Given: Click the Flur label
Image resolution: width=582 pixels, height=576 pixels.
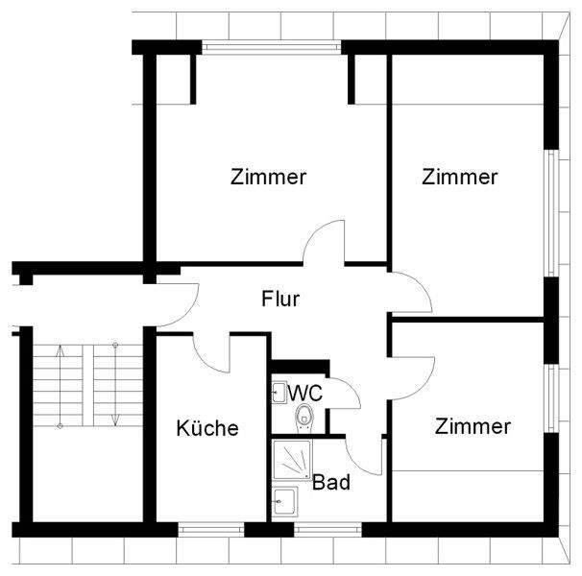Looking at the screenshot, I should point(281,299).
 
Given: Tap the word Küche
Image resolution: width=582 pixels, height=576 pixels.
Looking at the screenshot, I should point(206,428).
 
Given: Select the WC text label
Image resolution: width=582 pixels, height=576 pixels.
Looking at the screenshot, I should point(304,393).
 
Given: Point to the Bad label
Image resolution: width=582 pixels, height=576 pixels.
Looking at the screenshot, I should point(331,483).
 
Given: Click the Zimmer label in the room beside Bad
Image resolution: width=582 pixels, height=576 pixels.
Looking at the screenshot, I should point(472,426).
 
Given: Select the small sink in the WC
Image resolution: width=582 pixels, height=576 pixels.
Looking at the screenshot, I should point(279,392).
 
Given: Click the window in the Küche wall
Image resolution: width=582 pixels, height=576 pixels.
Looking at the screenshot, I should point(210,529).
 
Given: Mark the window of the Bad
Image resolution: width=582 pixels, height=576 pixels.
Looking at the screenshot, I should point(327,529).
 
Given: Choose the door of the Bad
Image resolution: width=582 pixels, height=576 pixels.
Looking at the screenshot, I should point(366,457).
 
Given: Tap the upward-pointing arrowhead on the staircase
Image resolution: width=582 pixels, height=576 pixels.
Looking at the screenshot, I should point(61,351).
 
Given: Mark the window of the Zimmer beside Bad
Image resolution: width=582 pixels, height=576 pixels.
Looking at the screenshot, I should point(551,398).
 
